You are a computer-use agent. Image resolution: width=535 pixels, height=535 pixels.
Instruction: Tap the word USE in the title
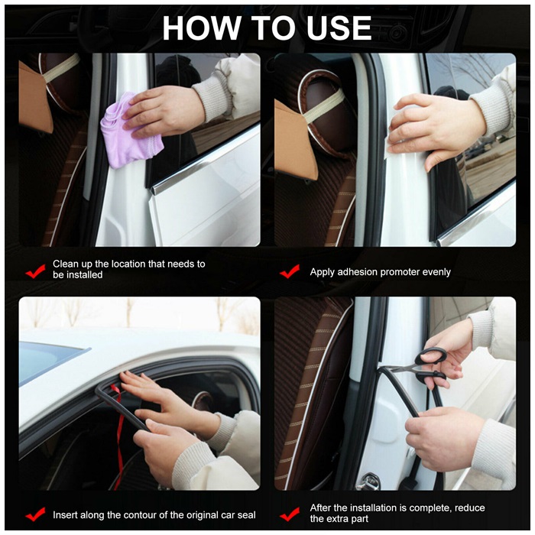(x=339, y=28)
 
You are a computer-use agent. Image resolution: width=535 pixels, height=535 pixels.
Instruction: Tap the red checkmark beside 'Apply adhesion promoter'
(x=290, y=271)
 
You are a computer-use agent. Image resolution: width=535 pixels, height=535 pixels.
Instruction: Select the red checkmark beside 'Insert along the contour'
(x=35, y=514)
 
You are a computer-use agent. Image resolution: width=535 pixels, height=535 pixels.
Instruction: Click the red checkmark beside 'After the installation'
(x=290, y=514)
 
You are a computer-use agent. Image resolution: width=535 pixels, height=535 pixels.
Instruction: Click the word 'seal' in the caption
(x=246, y=515)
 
